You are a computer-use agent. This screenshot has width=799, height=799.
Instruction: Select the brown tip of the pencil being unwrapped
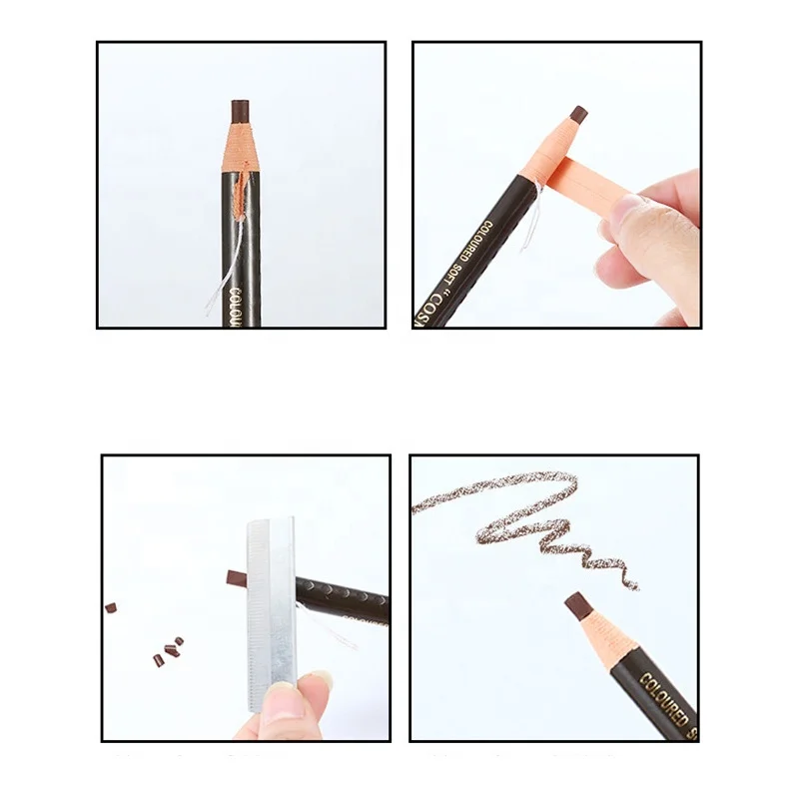[x=577, y=115]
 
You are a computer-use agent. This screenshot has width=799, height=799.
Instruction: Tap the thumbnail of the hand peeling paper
[x=624, y=212]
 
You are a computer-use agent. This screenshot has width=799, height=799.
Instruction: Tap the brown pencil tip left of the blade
[x=236, y=577]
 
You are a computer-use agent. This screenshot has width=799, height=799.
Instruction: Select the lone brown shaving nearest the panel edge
[x=111, y=606]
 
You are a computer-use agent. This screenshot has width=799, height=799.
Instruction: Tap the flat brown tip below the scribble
[x=576, y=605]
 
